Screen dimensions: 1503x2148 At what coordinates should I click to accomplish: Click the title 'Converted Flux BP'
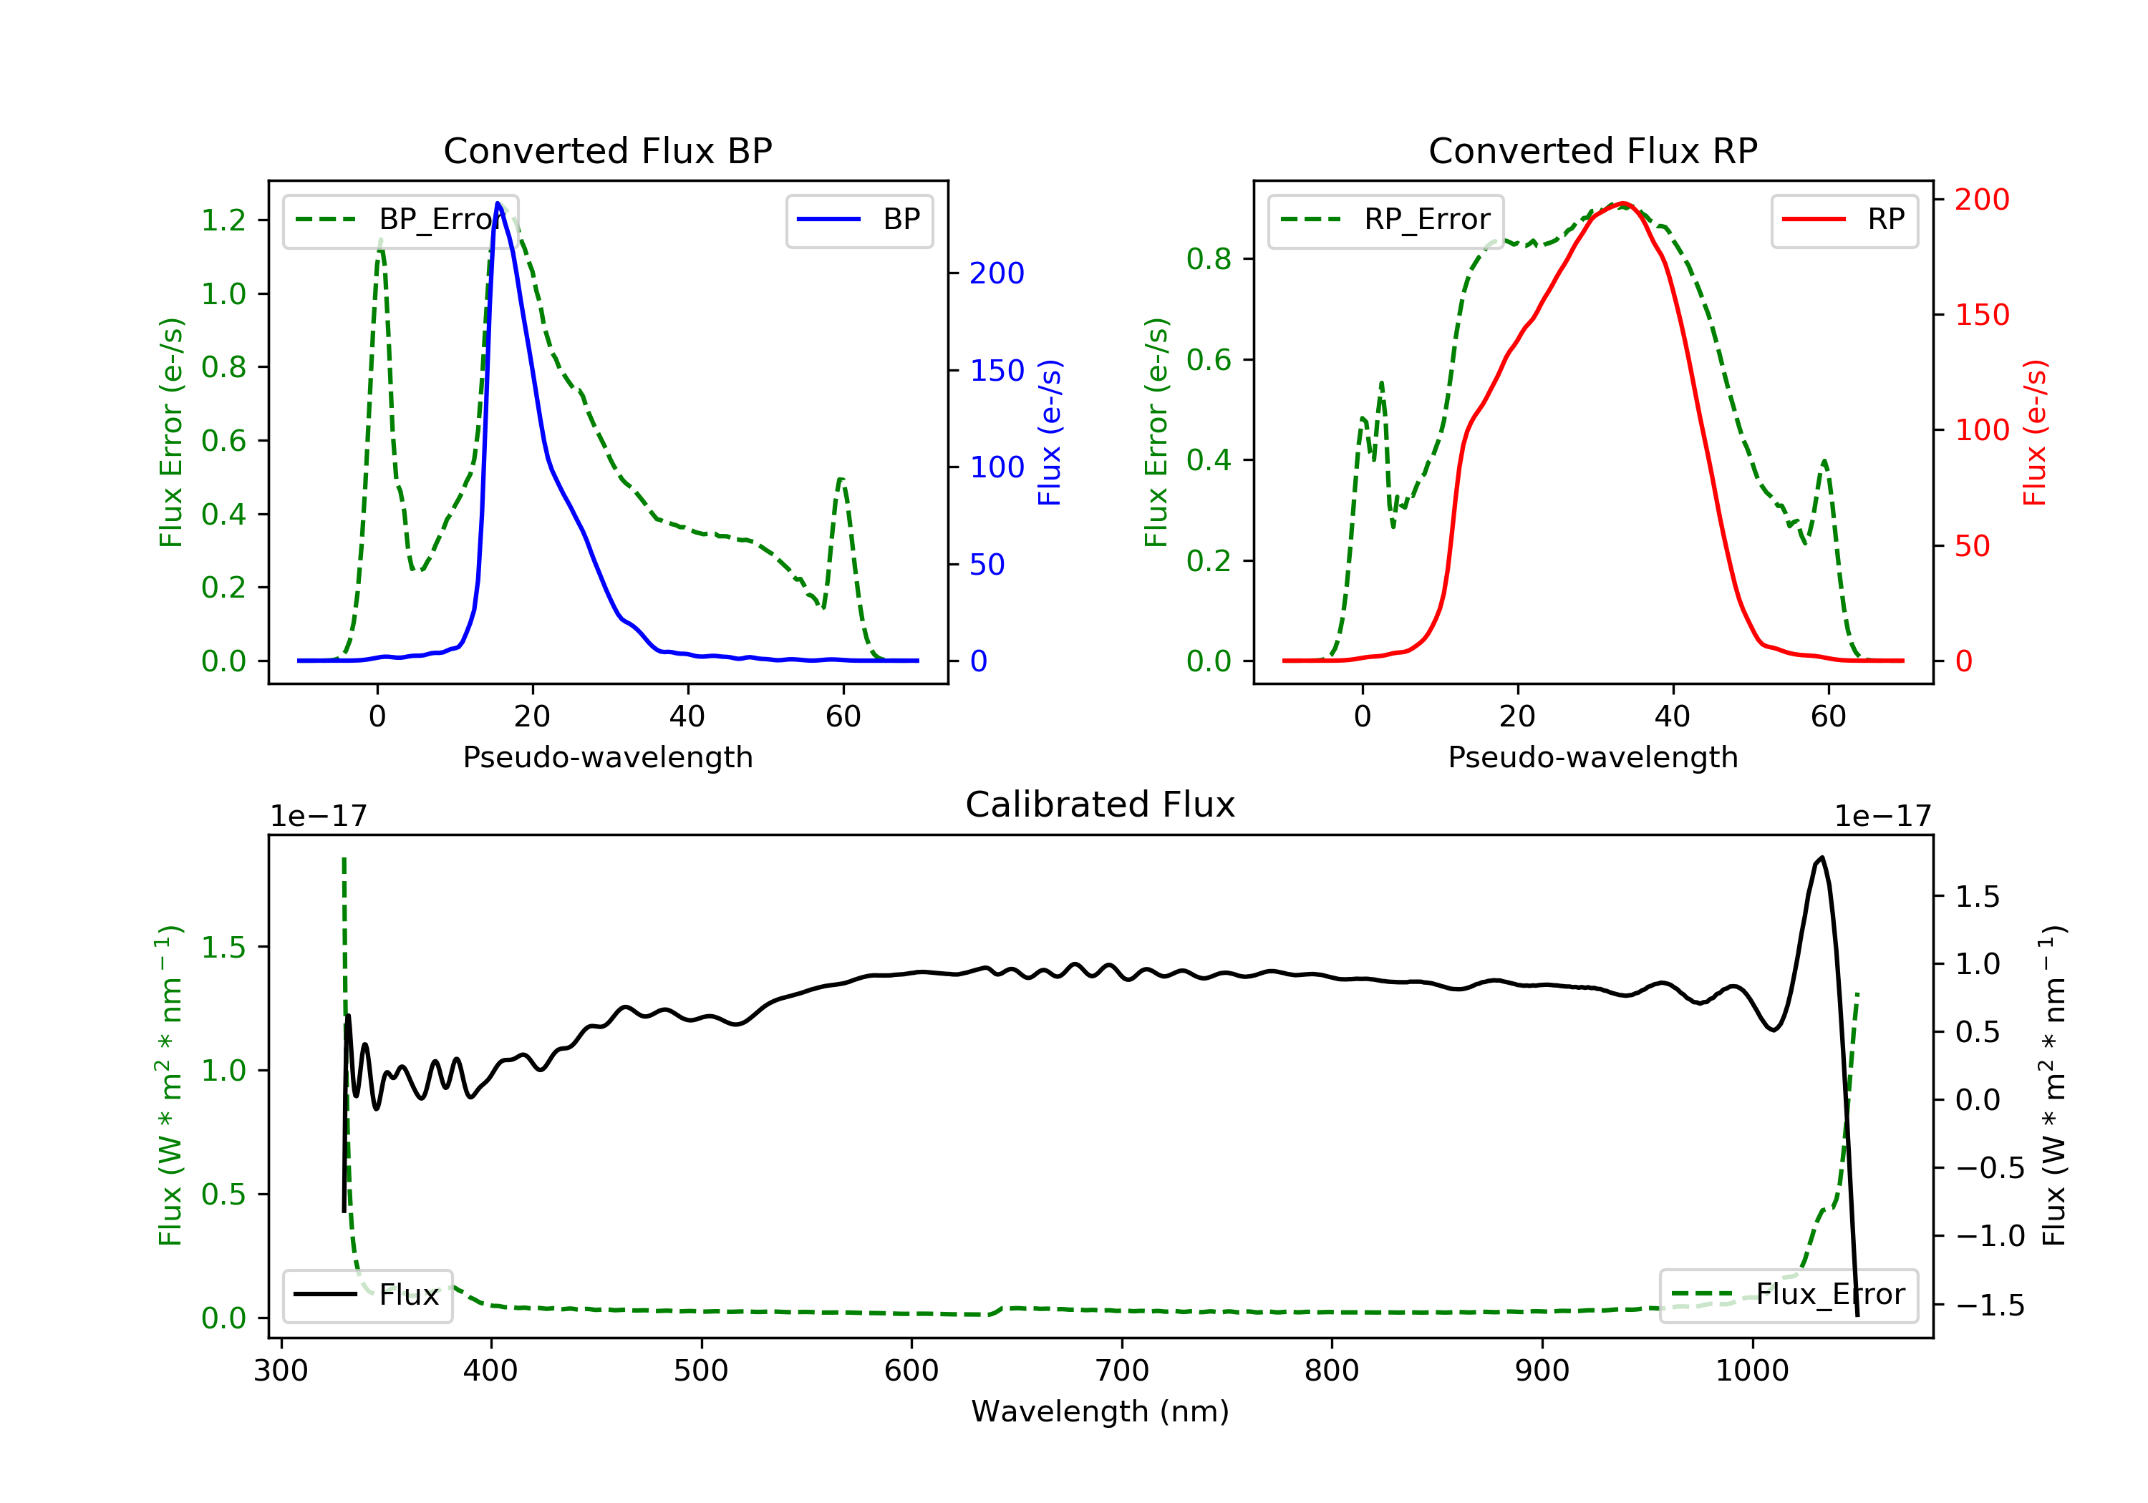[607, 150]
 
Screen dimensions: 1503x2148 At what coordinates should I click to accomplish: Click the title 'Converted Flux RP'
[1592, 150]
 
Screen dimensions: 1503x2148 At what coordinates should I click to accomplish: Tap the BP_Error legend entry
[400, 220]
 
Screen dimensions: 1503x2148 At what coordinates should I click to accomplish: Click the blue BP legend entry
[858, 220]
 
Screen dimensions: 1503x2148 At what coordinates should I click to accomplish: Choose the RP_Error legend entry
[1385, 220]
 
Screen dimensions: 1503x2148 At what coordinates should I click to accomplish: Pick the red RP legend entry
[1844, 220]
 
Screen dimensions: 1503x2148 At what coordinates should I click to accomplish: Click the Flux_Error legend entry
[1788, 1295]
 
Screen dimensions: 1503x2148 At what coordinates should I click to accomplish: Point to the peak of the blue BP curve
[498, 204]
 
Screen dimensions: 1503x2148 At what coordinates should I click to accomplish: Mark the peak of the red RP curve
[1623, 203]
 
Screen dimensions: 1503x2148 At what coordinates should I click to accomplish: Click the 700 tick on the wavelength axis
[1122, 1370]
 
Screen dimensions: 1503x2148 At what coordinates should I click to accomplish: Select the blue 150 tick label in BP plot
[997, 370]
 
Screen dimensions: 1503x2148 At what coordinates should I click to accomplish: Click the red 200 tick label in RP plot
[1981, 199]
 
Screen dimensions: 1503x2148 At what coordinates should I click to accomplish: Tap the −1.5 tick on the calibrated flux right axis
[1989, 1305]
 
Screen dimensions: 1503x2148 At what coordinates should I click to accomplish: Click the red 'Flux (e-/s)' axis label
[2034, 432]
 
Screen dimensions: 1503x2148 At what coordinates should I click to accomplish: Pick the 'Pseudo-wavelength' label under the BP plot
[607, 757]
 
